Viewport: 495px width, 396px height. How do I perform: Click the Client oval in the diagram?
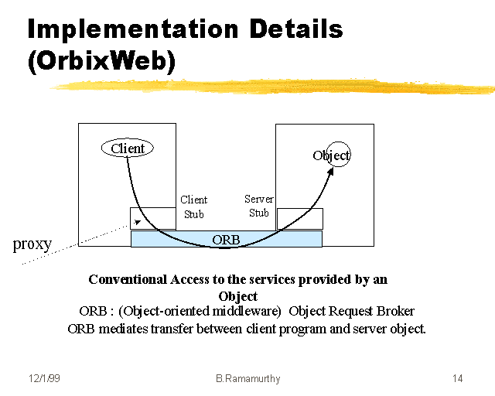(x=128, y=148)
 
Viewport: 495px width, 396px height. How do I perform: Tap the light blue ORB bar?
(x=226, y=239)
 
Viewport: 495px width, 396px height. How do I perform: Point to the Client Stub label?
(x=193, y=207)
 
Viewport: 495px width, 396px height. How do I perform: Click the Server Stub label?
(x=258, y=206)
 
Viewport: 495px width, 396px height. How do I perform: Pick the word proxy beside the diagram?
(x=32, y=244)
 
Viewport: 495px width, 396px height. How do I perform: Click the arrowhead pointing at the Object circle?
(x=330, y=171)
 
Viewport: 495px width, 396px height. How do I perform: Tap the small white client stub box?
(x=152, y=218)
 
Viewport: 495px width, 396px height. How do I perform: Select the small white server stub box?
(x=299, y=218)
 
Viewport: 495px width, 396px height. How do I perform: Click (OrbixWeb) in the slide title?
(x=101, y=62)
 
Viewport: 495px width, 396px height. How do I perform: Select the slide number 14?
(x=457, y=378)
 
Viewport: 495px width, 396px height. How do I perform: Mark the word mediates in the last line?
(x=123, y=328)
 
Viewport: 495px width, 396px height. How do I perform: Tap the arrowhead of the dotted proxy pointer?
(x=137, y=223)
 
